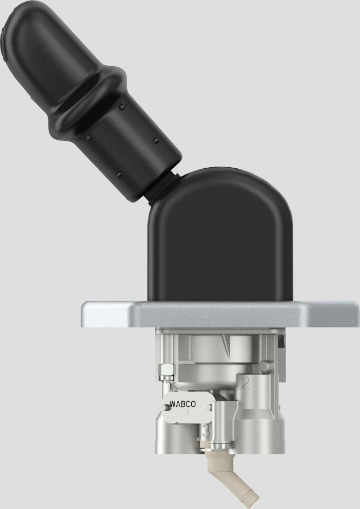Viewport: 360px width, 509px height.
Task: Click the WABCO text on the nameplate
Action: pyautogui.click(x=182, y=404)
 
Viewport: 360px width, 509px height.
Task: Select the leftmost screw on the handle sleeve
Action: pyautogui.click(x=87, y=138)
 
